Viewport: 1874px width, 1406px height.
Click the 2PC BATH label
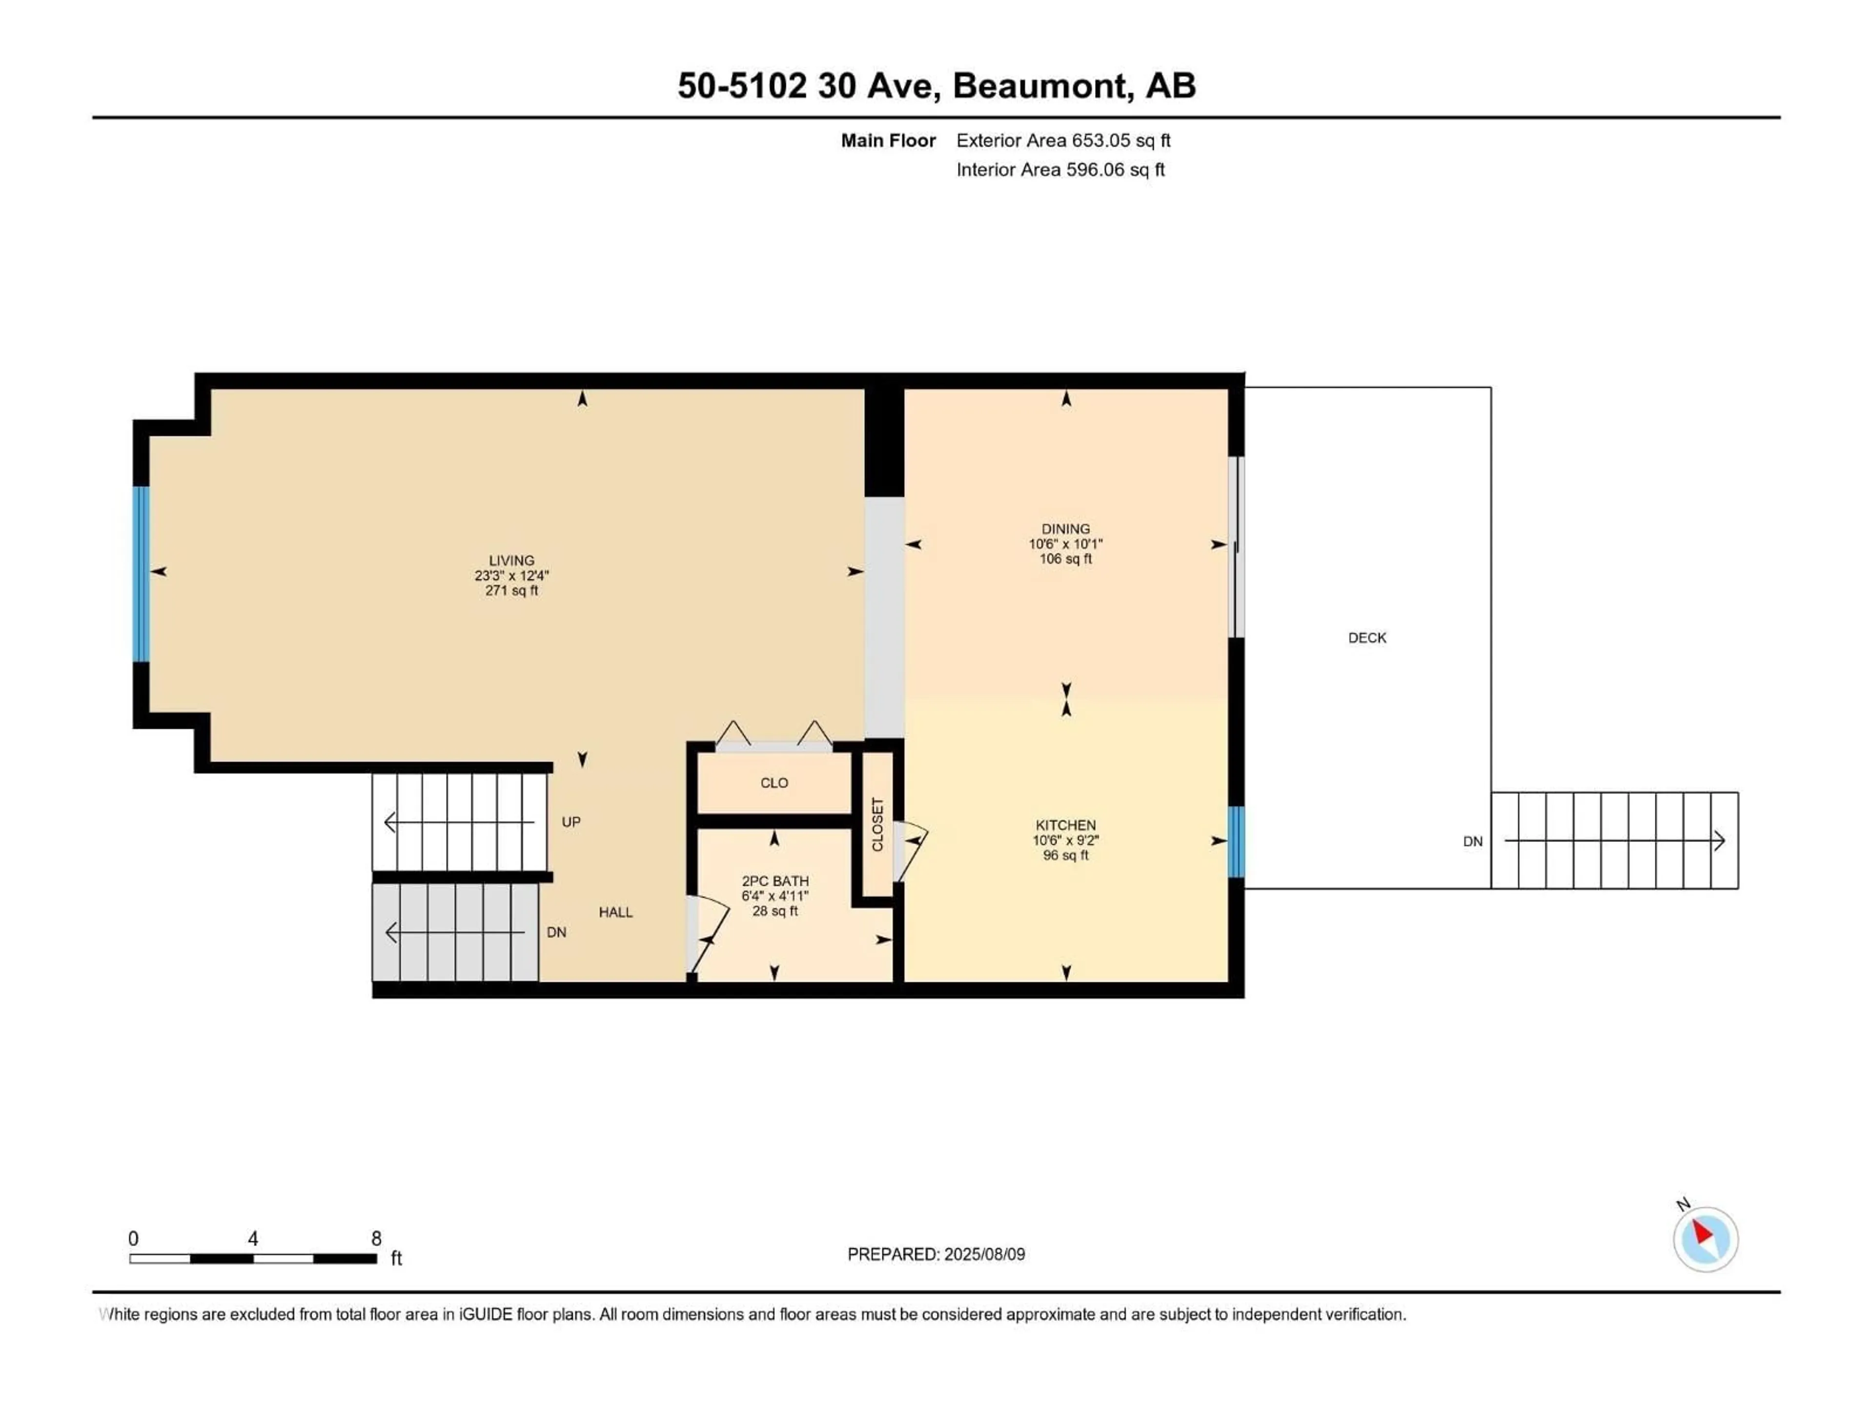click(775, 881)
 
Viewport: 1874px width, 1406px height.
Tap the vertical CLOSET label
click(877, 825)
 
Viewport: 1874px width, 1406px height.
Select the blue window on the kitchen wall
click(1236, 842)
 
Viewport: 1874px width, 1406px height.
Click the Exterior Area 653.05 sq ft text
click(1063, 141)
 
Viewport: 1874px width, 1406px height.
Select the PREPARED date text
click(936, 1254)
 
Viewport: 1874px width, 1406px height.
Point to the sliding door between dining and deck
click(1237, 547)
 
